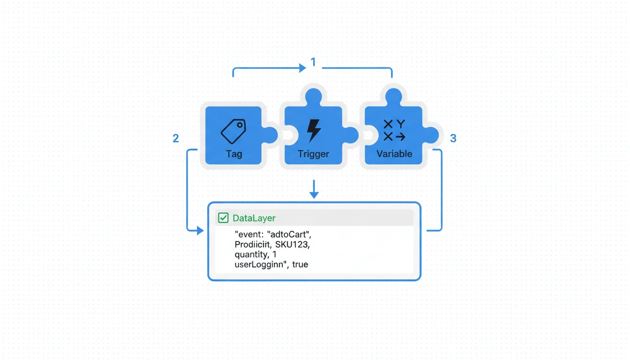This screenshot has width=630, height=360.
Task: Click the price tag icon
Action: coord(233,131)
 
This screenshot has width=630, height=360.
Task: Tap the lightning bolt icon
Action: coord(314,130)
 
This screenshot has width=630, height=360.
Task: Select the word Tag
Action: coord(234,154)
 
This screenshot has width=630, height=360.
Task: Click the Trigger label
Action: coord(314,154)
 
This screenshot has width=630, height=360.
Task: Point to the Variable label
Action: coord(394,154)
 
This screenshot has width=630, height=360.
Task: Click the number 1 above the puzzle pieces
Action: coord(313,62)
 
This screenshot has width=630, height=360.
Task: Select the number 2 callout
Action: coord(176,138)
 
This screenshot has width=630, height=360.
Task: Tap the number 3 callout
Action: coord(453,138)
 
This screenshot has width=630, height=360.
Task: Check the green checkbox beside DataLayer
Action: coord(223,218)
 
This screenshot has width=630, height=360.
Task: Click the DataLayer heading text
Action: coord(254,218)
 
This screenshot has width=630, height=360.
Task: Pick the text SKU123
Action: coord(292,244)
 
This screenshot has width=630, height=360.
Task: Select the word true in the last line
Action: coord(300,264)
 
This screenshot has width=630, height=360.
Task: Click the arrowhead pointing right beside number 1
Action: coord(302,68)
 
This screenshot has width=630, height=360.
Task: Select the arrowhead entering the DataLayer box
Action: coord(200,231)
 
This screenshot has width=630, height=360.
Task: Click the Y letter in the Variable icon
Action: coord(400,124)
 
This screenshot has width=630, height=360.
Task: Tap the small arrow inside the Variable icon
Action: coord(400,137)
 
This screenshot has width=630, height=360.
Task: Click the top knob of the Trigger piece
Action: coord(314,96)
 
